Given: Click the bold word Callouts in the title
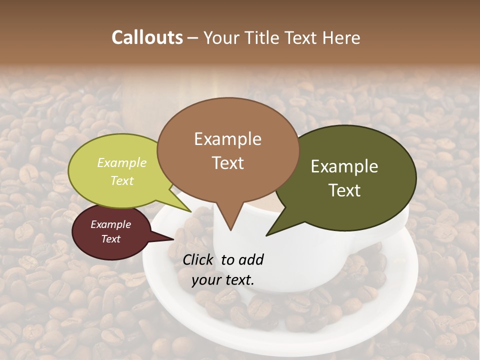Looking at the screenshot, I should (147, 37).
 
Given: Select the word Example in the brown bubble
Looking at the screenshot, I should (227, 139).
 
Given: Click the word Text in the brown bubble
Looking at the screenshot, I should (227, 163).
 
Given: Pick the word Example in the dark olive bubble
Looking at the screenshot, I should (344, 166).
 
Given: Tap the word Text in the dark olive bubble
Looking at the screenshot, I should (344, 190).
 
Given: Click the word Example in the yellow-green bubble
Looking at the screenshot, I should (122, 163).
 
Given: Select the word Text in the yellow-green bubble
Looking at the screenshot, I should (122, 180).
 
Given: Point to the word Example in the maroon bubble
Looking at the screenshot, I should (110, 224).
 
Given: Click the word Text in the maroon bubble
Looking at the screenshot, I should (110, 239).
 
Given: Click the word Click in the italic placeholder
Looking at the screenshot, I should (199, 259).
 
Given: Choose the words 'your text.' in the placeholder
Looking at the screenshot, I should (223, 280).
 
